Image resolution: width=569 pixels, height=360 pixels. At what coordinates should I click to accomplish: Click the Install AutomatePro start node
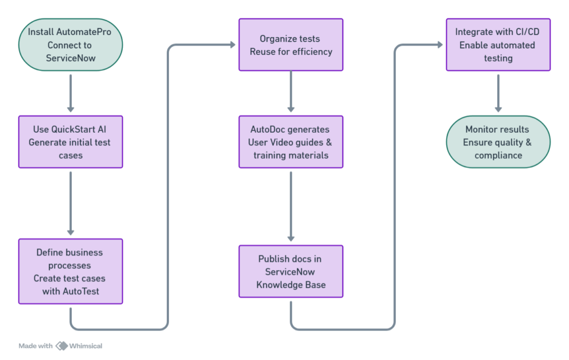click(71, 45)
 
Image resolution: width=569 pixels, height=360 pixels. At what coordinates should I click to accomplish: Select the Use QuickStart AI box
click(71, 142)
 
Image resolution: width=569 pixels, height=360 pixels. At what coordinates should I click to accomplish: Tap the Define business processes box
click(71, 272)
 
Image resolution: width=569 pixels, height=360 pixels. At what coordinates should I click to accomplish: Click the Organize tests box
click(291, 45)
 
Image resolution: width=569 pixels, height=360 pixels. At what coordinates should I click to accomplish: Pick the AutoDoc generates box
click(291, 142)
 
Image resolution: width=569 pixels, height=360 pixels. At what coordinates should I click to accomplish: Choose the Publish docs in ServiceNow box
click(291, 272)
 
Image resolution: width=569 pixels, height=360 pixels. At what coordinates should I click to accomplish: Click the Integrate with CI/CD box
click(498, 45)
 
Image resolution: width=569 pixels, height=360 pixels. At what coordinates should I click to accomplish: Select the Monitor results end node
click(498, 142)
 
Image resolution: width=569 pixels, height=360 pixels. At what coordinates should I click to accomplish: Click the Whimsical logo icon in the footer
click(62, 346)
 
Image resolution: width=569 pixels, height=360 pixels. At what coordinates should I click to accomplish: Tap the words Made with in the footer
click(36, 346)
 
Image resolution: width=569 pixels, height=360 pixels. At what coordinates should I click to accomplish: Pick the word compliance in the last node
click(498, 155)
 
